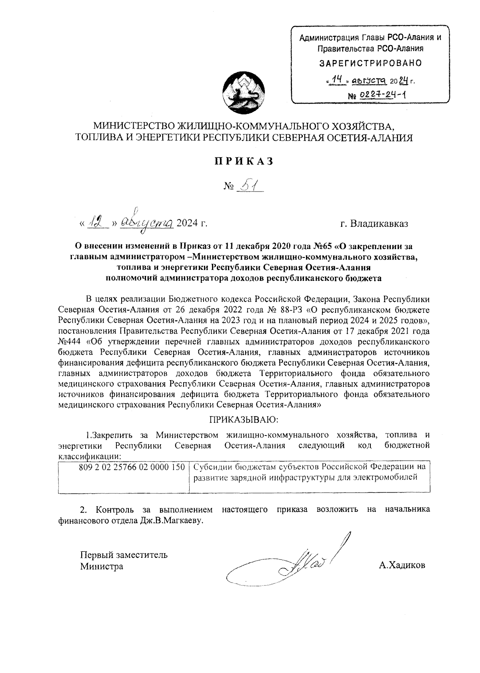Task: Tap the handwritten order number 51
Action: click(x=249, y=186)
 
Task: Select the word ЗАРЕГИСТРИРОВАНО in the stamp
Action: click(x=370, y=63)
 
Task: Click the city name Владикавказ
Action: click(x=379, y=224)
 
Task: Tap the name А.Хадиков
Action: click(x=402, y=565)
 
